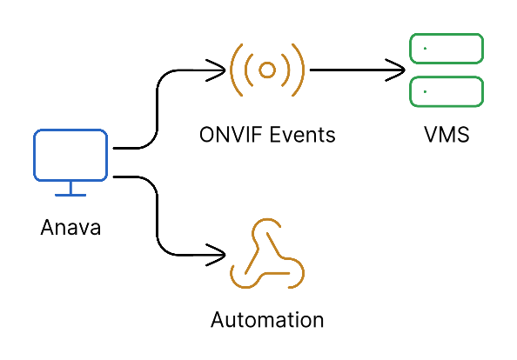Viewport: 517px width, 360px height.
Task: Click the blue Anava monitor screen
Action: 70,154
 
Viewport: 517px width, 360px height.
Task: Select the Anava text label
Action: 70,229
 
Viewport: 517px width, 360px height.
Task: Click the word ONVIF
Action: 228,136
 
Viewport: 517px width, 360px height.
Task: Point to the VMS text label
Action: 445,136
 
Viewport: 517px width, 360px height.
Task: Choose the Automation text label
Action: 267,319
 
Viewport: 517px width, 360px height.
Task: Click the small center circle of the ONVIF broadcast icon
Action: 267,68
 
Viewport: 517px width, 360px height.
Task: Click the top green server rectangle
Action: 446,48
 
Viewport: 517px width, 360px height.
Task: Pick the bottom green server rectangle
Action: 446,90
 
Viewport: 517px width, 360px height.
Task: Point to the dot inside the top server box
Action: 424,48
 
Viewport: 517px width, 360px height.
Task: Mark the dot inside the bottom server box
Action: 424,90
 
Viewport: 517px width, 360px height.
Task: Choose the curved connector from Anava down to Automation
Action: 157,217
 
